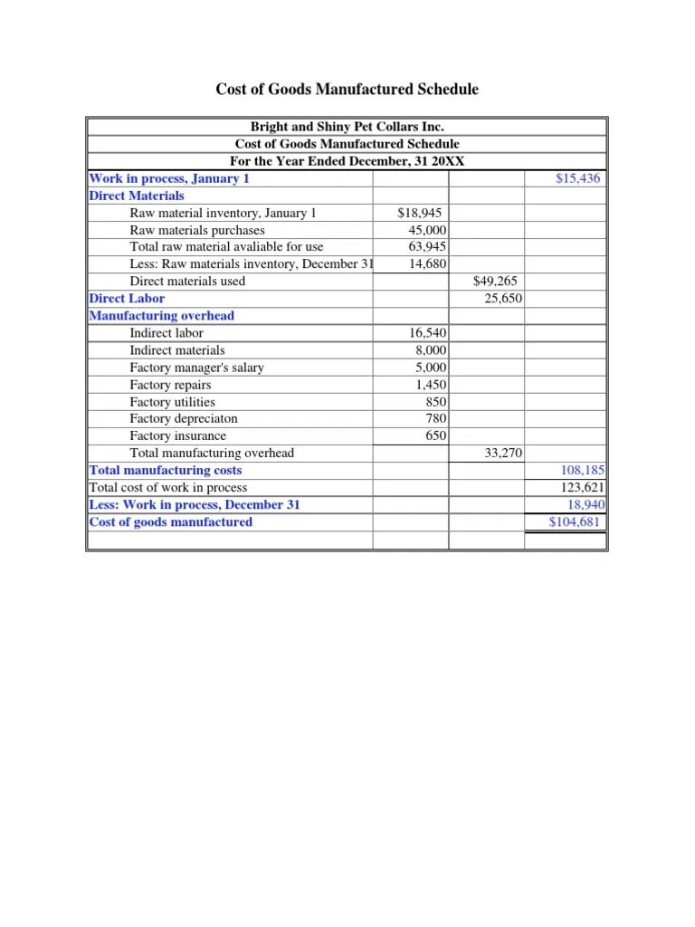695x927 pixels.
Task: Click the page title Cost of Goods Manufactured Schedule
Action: [x=347, y=90]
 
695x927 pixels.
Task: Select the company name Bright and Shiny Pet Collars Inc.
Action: [x=347, y=128]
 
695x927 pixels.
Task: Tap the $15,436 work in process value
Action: [x=577, y=178]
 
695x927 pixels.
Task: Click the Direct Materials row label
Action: [x=137, y=196]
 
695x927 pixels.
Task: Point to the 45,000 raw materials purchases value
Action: [x=427, y=230]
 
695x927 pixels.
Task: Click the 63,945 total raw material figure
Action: [x=427, y=247]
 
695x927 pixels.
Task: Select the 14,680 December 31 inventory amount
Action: [x=427, y=264]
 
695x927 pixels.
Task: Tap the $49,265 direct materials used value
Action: [x=495, y=282]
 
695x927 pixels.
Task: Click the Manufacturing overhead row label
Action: [x=162, y=316]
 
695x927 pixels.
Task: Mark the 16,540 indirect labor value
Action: [x=427, y=333]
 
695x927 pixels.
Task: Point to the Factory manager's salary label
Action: [x=197, y=368]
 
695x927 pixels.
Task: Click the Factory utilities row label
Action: [x=173, y=402]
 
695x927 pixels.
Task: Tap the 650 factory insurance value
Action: [x=436, y=436]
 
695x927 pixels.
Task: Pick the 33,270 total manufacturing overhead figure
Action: [x=503, y=454]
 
